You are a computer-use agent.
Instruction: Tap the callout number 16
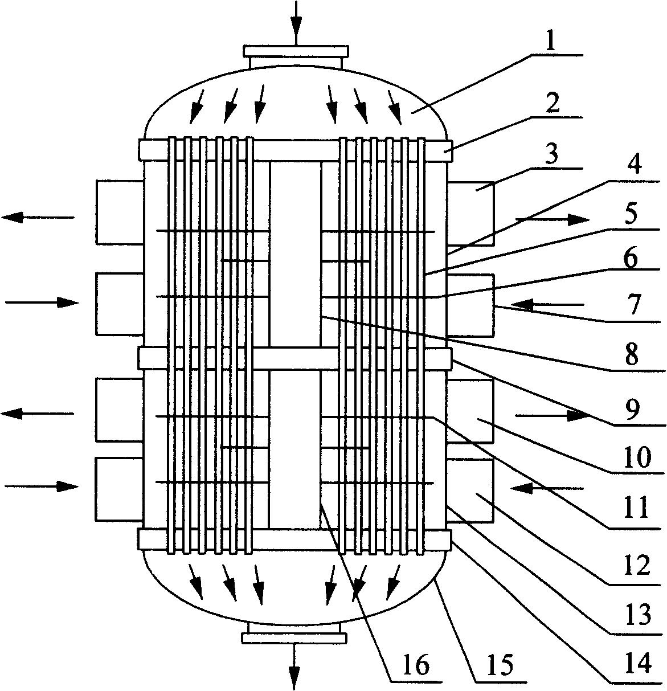[416, 665]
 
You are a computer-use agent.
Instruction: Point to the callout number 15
[500, 665]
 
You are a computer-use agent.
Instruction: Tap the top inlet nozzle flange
[296, 51]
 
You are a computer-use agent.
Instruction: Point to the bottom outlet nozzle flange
[294, 638]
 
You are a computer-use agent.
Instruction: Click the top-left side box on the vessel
[120, 212]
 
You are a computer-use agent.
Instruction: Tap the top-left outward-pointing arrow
[38, 217]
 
